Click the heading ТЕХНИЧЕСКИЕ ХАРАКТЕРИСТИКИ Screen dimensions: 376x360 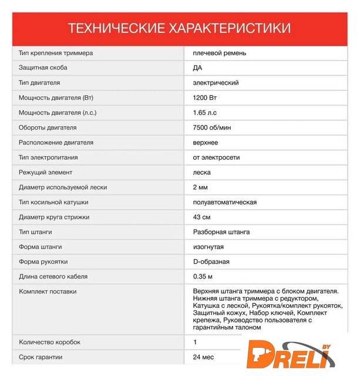(179, 28)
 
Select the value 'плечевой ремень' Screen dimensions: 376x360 (219, 53)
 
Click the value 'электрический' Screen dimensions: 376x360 (216, 83)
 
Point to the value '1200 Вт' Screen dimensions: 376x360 (204, 98)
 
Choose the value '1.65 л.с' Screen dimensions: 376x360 (204, 113)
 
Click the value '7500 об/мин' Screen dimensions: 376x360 (211, 127)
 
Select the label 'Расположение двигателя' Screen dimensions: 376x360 (56, 143)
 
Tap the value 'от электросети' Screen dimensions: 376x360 (216, 157)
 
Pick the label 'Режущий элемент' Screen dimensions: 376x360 (45, 173)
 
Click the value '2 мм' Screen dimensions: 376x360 (200, 187)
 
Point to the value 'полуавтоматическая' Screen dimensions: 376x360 (224, 202)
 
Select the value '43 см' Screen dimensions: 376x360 (201, 217)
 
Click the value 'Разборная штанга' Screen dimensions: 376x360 (221, 232)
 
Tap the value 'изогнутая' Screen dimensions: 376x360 (208, 247)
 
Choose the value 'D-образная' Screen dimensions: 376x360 (211, 262)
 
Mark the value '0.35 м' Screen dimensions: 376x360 (203, 277)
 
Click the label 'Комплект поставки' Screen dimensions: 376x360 (48, 291)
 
